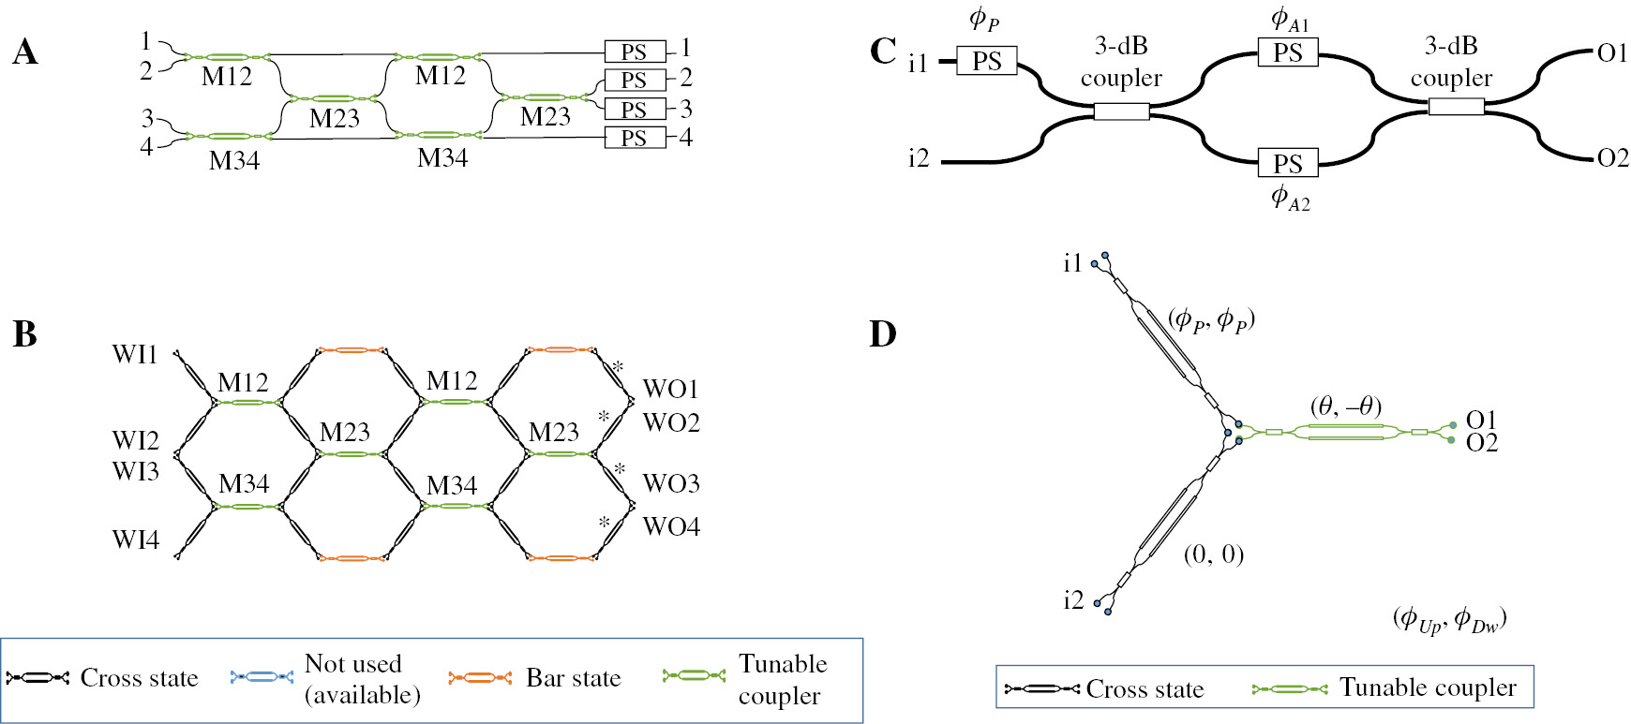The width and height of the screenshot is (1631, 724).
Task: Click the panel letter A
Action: point(25,52)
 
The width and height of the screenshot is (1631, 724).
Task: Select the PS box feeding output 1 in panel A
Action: point(635,52)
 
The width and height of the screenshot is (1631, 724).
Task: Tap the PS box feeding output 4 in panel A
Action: point(635,139)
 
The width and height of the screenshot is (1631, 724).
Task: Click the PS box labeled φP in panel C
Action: point(986,61)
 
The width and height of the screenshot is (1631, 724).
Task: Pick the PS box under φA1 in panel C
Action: point(1287,52)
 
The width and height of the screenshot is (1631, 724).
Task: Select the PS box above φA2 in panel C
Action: point(1287,163)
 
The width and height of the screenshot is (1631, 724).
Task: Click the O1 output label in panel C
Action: point(1612,53)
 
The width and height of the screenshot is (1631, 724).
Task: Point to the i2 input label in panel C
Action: point(919,159)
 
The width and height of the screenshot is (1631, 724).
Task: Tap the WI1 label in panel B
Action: point(135,354)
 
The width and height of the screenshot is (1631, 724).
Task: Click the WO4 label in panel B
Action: point(671,526)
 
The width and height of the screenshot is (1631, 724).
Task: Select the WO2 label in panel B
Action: point(671,422)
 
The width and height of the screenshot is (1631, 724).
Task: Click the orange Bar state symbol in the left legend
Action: point(480,677)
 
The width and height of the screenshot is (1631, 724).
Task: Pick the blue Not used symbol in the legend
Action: point(262,677)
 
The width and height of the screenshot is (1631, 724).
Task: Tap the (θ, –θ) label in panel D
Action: point(1346,406)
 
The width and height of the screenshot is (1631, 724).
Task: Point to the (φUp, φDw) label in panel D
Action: point(1449,619)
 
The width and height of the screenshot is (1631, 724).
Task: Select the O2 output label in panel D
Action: point(1482,443)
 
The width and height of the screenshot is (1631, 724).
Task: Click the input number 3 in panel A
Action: point(147,118)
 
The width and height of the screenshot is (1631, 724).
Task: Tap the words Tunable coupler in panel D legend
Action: point(1427,687)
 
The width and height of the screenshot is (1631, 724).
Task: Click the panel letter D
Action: point(883,334)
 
